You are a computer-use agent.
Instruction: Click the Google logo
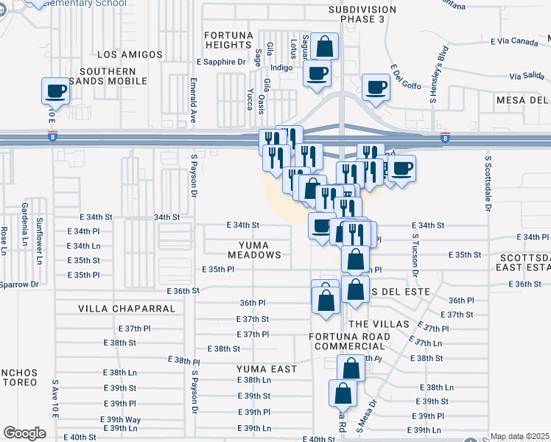coord(24,433)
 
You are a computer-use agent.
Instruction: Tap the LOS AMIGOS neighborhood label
coord(129,55)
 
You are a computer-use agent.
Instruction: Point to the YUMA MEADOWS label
coord(259,249)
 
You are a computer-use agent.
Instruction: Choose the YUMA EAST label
coord(267,368)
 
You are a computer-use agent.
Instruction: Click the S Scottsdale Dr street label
coord(488,183)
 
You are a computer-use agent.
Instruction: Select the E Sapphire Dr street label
coord(221,62)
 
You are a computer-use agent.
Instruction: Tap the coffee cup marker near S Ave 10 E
coord(57,91)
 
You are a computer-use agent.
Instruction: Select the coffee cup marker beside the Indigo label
coord(317,74)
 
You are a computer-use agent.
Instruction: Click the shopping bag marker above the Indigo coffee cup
coord(324,47)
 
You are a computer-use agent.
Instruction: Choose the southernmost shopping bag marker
coord(343,394)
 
